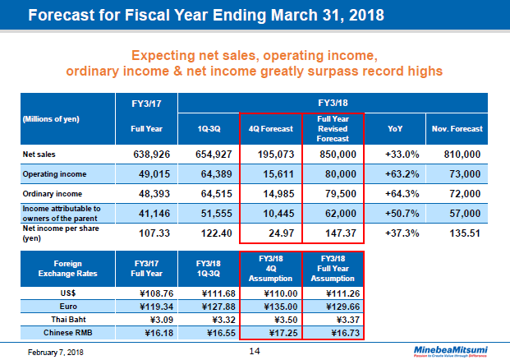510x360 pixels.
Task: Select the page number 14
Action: [x=255, y=351]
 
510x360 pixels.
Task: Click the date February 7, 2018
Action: [x=50, y=352]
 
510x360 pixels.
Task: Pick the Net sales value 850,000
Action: [x=333, y=154]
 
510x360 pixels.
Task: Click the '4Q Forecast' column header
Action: [x=271, y=129]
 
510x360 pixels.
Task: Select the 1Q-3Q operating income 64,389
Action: [x=208, y=173]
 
